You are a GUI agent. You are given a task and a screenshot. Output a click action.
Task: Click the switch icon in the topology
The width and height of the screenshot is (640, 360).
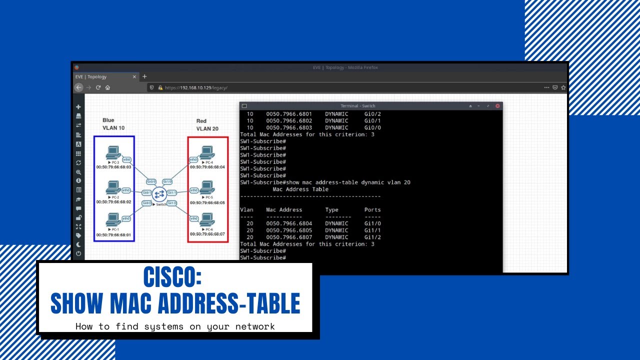pos(159,193)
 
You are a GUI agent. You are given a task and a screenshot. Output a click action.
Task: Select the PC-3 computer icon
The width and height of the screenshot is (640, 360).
pos(113,152)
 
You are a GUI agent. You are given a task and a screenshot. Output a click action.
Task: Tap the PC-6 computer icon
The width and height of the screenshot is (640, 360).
pos(206,219)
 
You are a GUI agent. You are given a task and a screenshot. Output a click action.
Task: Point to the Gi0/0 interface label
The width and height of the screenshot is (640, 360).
pos(151,181)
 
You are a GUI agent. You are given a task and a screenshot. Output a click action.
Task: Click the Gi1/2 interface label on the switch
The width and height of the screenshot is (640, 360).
pos(172,203)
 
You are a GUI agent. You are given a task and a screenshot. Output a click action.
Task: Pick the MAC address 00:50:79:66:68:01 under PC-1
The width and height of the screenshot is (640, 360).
pos(113,234)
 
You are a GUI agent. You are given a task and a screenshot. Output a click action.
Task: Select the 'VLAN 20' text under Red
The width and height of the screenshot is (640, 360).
pos(207,129)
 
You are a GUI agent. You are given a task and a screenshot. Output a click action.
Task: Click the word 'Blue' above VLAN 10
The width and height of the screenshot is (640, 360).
pos(108,120)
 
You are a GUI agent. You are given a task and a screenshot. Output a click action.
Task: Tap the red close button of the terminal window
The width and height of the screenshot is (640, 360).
pos(497,106)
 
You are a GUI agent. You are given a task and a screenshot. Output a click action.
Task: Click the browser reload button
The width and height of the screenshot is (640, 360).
pos(98,87)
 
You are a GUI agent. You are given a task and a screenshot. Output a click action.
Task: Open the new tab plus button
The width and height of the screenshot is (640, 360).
pos(144,76)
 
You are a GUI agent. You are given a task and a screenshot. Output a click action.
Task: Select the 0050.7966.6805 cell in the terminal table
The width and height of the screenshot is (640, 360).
pos(289,230)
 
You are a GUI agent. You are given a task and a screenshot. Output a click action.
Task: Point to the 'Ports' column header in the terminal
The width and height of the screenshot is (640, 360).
pos(372,210)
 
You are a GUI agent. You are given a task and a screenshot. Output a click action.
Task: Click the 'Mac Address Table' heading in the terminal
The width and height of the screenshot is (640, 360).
pos(300,189)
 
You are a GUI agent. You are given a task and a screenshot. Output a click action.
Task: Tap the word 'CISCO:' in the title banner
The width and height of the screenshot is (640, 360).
pos(172,276)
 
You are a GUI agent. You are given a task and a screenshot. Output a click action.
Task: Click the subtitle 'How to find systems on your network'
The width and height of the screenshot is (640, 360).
pos(175,326)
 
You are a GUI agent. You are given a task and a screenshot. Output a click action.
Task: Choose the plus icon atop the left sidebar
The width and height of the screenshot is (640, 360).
pos(78,107)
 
